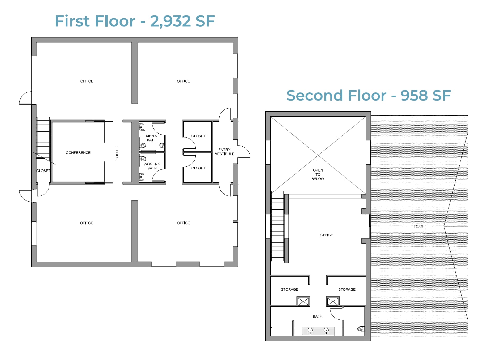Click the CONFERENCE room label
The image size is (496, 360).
pos(78,153)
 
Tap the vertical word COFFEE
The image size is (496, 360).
pos(117,153)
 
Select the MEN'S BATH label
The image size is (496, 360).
pos(151,138)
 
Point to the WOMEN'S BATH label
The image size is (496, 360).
pos(152,166)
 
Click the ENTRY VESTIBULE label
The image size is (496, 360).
pos(224,152)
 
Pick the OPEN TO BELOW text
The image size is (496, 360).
pos(318,174)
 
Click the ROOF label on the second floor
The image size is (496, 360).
pos(419,226)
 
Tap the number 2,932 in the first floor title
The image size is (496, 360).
pos(170,21)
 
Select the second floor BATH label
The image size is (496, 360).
pos(317,316)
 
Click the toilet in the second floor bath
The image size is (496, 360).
pos(361,329)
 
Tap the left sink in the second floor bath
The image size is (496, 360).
pos(310,331)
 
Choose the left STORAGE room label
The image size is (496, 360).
pos(289,289)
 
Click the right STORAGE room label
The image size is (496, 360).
pos(347,289)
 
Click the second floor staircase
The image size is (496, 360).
pos(277,226)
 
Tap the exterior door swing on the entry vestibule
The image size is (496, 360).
pos(244,152)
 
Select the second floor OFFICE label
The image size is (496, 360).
pos(327,235)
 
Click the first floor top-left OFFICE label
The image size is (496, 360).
pos(87,81)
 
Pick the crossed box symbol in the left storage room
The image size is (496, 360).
pos(303,301)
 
